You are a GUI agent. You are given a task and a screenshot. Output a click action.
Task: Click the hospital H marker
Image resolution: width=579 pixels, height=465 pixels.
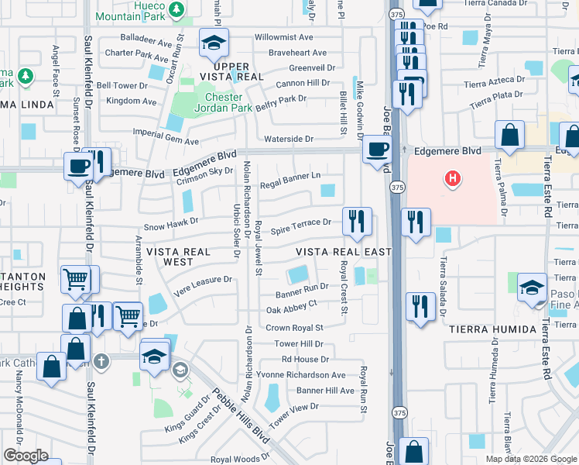[452, 181]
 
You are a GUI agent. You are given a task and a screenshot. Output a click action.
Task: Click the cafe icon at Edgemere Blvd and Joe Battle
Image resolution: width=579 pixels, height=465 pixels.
[377, 149]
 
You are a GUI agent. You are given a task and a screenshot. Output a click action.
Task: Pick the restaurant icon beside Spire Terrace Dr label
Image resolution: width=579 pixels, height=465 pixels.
[357, 221]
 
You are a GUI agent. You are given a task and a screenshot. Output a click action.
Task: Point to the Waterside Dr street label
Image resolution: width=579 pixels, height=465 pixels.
[287, 139]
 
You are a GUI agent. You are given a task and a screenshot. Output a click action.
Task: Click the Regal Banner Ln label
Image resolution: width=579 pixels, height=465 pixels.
[290, 177]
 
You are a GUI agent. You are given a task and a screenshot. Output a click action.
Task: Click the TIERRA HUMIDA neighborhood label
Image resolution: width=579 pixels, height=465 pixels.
[492, 329]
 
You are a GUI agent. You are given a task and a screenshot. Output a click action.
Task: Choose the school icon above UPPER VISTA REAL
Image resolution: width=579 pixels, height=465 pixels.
[213, 43]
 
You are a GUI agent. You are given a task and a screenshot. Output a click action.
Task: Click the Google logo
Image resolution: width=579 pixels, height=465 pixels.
[26, 456]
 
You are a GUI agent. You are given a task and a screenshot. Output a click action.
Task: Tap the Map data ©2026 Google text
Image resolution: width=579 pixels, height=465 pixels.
[530, 459]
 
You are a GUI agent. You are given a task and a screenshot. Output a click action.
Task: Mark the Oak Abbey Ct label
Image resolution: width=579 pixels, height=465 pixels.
[291, 310]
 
